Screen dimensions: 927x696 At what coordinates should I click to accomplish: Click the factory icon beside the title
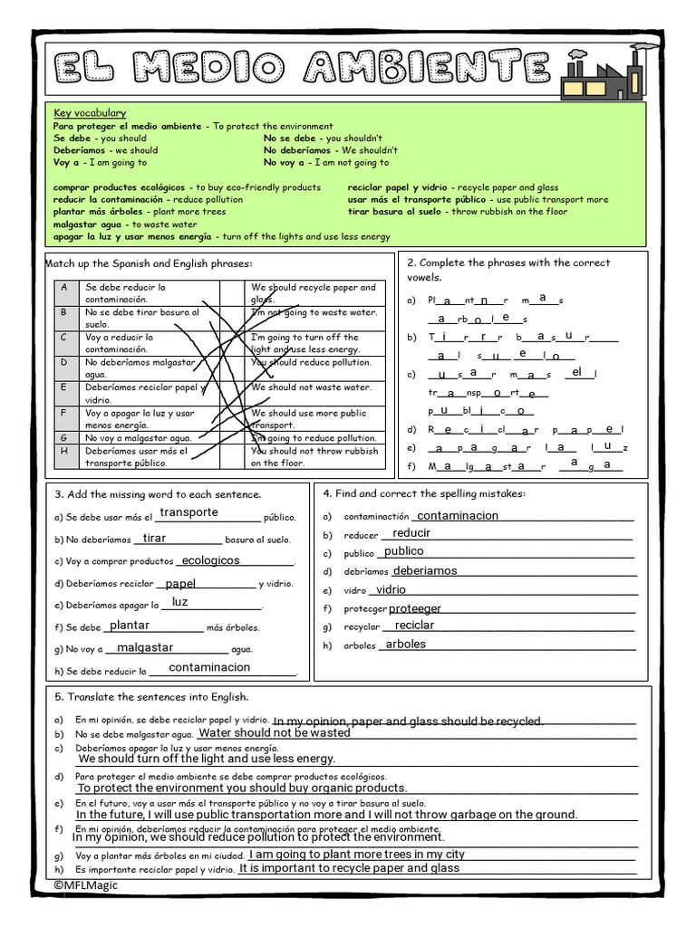(593, 72)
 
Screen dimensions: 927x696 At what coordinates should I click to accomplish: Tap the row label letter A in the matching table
(64, 287)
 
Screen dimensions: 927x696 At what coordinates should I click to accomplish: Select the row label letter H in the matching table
(64, 450)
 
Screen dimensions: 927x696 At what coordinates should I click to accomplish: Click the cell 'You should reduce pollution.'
(311, 361)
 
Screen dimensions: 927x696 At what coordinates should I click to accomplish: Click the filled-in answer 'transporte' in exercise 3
(188, 512)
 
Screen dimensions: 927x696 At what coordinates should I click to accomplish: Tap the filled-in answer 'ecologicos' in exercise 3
(209, 560)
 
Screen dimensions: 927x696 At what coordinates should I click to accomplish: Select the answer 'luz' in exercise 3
(180, 602)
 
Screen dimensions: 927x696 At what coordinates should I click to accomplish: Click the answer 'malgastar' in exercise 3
(145, 647)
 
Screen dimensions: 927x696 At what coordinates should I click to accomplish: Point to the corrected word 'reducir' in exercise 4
(411, 533)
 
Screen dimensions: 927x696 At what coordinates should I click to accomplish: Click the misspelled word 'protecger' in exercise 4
(366, 609)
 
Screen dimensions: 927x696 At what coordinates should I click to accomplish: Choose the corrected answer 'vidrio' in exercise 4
(391, 589)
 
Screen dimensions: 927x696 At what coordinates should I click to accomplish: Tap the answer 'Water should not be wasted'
(274, 732)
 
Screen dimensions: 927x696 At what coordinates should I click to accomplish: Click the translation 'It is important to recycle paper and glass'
(350, 867)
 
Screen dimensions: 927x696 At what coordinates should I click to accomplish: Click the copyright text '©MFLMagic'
(85, 885)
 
